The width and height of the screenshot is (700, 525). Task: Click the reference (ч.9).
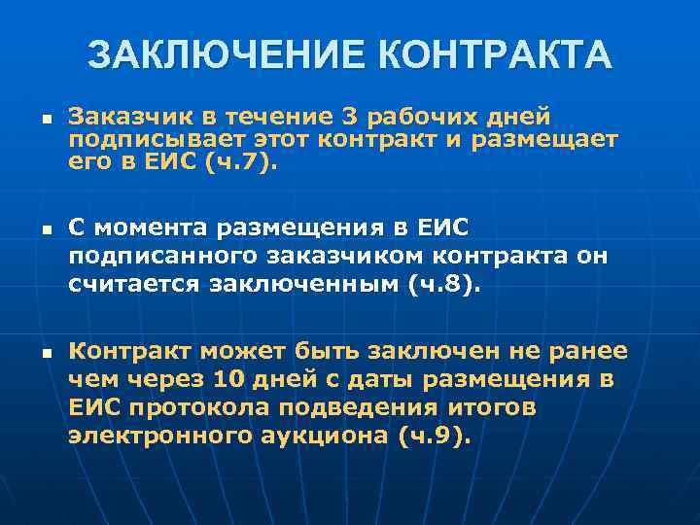pyautogui.click(x=434, y=436)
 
